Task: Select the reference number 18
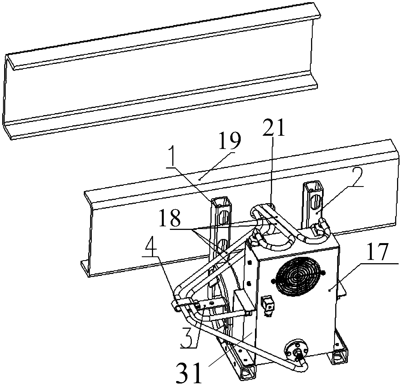tap(170, 218)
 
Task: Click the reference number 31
tap(188, 373)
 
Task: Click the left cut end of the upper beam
tap(8, 97)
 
